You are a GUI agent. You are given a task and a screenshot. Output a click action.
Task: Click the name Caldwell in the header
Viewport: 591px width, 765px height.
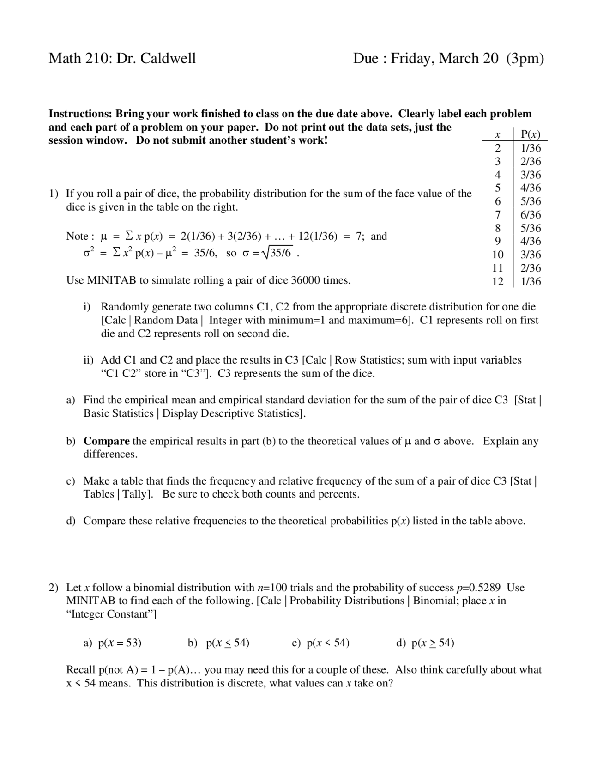point(168,58)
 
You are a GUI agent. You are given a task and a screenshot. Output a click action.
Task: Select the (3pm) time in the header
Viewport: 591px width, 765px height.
point(525,58)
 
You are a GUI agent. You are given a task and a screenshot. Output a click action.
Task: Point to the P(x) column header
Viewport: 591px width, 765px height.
point(530,134)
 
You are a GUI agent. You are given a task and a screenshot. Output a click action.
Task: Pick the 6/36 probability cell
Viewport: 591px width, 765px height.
point(531,214)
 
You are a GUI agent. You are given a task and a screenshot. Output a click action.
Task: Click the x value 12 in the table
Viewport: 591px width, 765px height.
point(497,281)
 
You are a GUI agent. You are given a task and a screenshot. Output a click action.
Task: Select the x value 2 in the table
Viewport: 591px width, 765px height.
point(497,148)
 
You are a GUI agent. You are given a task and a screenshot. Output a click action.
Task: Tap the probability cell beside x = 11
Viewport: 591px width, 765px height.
point(531,268)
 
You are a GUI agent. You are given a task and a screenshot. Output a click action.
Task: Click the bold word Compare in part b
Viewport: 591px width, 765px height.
point(106,441)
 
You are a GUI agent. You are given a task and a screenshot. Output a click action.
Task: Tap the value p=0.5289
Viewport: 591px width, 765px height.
point(478,588)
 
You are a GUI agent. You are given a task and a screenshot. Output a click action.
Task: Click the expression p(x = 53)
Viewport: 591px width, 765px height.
point(120,643)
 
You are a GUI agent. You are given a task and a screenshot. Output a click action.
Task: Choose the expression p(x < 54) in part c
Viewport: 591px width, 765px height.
point(328,643)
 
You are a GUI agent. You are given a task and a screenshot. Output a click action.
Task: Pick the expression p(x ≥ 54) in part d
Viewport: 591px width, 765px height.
point(433,643)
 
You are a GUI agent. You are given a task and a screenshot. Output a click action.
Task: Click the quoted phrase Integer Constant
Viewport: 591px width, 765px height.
point(111,614)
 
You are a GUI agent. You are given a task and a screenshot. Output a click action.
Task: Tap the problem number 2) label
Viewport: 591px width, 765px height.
point(54,588)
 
